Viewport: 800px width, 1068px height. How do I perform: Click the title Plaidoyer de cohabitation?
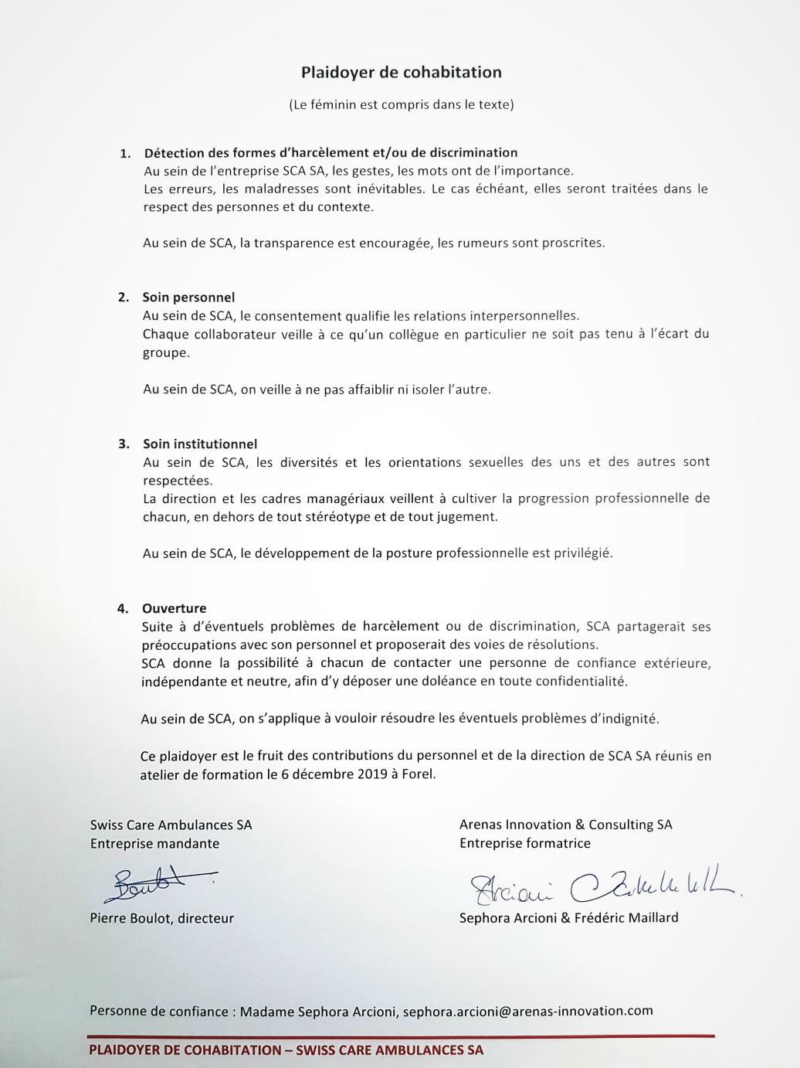pos(401,73)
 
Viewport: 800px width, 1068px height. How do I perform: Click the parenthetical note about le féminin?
pos(401,104)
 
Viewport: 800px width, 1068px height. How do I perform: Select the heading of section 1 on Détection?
pos(331,153)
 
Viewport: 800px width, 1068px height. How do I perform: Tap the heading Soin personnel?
pos(188,298)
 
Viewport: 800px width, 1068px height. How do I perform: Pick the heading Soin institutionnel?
pos(200,444)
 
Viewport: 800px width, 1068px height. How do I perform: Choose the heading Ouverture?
pos(174,608)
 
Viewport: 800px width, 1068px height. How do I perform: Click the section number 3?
pos(123,444)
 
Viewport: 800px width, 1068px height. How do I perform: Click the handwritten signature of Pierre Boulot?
pos(158,883)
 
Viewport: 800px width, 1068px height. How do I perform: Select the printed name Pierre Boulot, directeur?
pos(161,918)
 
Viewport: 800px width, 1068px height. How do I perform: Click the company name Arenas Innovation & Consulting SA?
pos(565,825)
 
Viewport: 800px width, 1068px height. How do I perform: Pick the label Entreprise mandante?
pos(154,843)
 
